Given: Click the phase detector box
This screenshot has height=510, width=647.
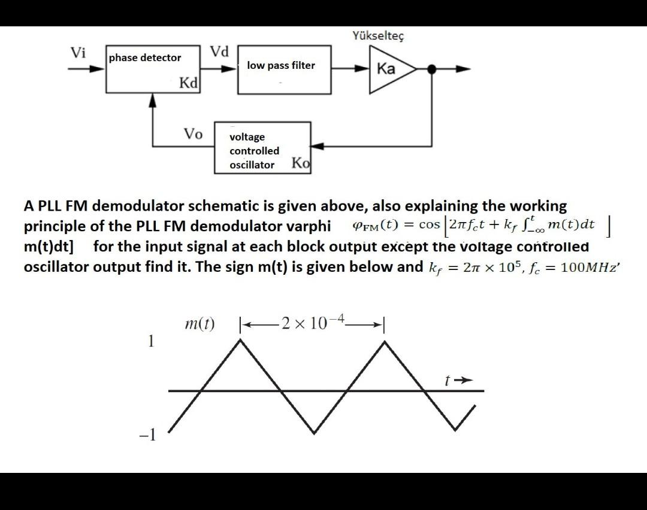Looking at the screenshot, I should pos(153,69).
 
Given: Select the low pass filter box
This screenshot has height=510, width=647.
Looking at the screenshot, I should pos(284,69).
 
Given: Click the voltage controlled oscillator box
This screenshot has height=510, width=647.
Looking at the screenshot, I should pos(262,148).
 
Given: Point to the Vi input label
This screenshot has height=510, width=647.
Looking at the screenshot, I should pos(78,53).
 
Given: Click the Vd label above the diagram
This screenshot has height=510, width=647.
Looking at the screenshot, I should pos(219,51).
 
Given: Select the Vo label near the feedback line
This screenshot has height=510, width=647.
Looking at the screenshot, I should pos(193,133).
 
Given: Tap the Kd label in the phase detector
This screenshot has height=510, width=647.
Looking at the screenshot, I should pos(189,83).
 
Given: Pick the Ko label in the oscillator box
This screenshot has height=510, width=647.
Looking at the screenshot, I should pos(301,163).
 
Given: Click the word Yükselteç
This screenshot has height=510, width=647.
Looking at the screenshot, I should pos(379,36).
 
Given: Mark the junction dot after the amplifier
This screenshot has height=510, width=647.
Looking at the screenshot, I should pos(431,69).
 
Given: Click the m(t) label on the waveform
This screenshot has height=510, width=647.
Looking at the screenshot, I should pos(199,324).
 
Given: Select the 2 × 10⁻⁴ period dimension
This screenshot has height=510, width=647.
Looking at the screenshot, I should pos(312,324).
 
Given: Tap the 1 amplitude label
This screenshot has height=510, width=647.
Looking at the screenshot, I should pos(151,341).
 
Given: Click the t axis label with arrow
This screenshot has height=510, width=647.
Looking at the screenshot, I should pos(455,380).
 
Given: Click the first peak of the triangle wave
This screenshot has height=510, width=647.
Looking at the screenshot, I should pos(240,340).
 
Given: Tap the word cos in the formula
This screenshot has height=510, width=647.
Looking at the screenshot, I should pos(430,224).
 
